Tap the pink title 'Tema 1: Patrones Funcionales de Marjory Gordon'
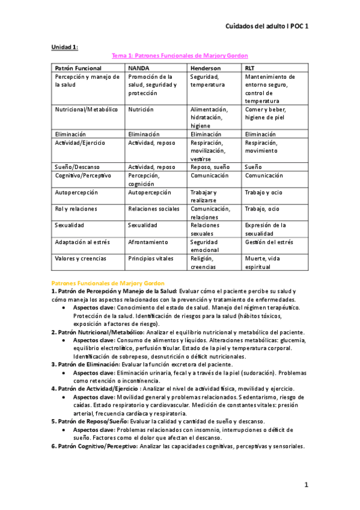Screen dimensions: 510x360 point(180,56)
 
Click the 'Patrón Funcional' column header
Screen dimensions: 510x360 point(78,69)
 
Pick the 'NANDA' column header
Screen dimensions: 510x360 point(139,69)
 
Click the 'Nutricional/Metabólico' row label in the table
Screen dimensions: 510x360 point(87,109)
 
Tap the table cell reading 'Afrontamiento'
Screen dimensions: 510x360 point(148,242)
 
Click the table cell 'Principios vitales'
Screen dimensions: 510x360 point(151,258)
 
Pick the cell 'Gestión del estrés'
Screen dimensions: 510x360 point(269,242)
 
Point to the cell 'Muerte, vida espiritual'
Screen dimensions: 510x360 point(267,262)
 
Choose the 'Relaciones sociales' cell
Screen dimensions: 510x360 point(154,209)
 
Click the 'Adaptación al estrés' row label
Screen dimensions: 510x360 point(84,242)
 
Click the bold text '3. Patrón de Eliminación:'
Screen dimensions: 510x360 point(85,364)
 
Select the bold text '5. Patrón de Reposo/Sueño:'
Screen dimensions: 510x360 point(89,422)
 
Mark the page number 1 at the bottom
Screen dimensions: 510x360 point(306,485)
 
